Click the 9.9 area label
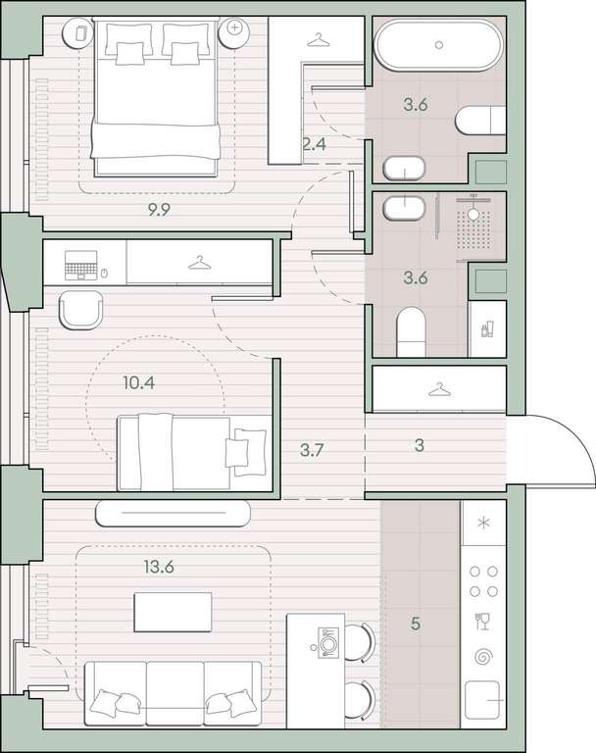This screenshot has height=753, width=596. [x=159, y=210]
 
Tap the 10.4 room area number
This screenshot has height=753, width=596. [x=139, y=382]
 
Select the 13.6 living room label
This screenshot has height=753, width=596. [x=159, y=567]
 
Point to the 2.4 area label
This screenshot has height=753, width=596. [x=315, y=143]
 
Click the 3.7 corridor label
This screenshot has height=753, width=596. [x=312, y=450]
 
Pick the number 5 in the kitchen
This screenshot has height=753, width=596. [x=416, y=624]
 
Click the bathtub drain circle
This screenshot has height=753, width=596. [x=439, y=45]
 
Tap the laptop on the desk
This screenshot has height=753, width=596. [x=81, y=266]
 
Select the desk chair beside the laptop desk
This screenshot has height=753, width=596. [x=81, y=311]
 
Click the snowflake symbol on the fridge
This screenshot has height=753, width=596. [x=483, y=523]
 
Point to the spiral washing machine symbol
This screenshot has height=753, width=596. [x=483, y=657]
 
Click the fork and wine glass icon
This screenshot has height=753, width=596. [x=481, y=621]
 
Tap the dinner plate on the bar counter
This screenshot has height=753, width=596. [x=328, y=642]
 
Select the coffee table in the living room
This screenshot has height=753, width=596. [x=173, y=612]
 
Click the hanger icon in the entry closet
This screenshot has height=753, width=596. [x=439, y=389]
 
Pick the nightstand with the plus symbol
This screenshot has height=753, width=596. [x=234, y=32]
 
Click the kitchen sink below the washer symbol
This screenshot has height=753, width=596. [x=483, y=700]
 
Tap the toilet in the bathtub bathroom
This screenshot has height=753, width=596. [x=480, y=120]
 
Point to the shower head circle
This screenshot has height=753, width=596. [x=474, y=214]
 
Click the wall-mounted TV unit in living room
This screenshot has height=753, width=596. [x=173, y=513]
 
